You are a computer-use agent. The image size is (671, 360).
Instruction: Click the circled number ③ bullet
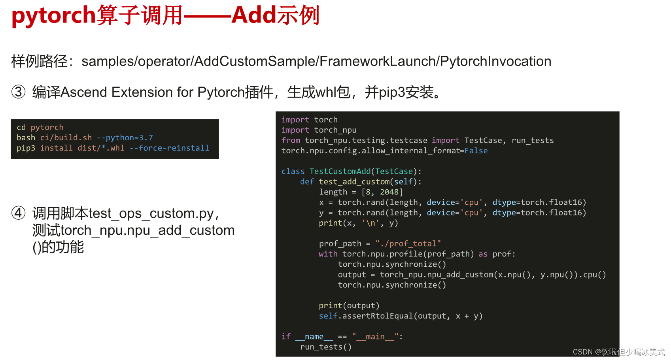click(x=18, y=92)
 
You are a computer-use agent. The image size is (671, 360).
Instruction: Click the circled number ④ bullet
click(x=18, y=213)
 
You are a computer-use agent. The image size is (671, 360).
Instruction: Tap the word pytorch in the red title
click(x=53, y=16)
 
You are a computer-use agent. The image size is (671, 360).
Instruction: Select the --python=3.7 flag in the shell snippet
click(x=125, y=138)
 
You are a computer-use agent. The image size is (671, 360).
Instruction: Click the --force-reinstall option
click(x=169, y=148)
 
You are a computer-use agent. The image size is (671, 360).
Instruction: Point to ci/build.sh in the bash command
click(x=66, y=138)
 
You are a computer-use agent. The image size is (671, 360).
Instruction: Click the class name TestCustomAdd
click(x=340, y=171)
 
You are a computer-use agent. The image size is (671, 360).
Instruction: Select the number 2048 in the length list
click(x=389, y=192)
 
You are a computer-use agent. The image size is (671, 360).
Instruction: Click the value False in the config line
click(x=476, y=151)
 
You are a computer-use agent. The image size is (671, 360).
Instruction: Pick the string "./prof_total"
click(x=408, y=243)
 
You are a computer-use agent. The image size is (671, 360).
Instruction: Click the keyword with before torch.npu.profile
click(x=328, y=254)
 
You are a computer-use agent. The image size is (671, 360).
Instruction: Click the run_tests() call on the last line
click(x=326, y=347)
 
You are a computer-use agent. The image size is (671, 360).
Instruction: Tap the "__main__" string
click(x=375, y=337)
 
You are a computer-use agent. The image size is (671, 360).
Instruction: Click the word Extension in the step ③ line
click(x=142, y=92)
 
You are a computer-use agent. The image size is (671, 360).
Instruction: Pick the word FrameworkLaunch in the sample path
click(x=377, y=61)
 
